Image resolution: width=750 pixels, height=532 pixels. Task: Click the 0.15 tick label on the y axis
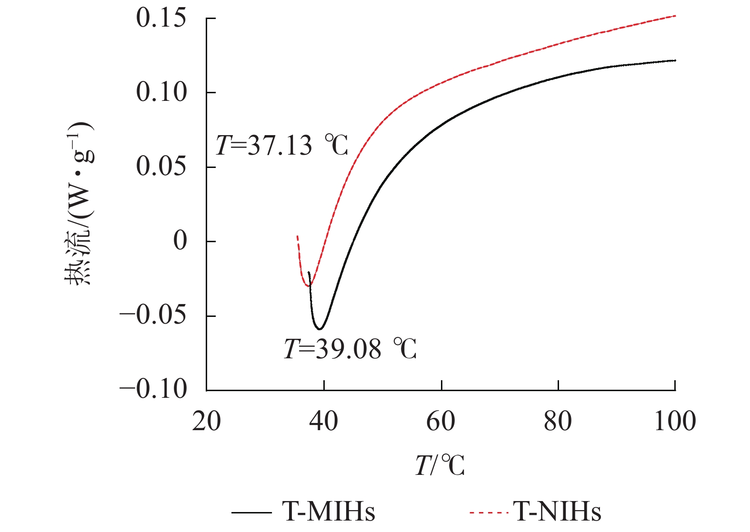click(161, 19)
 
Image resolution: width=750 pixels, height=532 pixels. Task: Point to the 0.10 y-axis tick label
click(161, 92)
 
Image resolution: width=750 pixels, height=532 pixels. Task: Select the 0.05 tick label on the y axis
click(161, 167)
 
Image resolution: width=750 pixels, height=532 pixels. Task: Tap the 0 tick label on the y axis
click(180, 241)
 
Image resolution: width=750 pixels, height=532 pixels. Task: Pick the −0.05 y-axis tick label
click(153, 315)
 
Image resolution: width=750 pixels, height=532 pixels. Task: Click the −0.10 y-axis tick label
click(153, 389)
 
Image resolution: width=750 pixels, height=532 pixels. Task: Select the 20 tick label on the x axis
click(206, 422)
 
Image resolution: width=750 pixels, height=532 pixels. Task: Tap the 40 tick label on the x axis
click(324, 422)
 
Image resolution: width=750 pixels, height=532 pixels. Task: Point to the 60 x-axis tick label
click(441, 422)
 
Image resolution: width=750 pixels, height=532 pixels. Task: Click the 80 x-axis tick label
click(558, 422)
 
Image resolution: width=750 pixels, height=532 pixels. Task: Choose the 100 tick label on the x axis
click(675, 422)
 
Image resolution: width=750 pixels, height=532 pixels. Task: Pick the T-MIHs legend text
click(329, 512)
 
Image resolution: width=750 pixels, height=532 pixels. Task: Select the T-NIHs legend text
click(557, 512)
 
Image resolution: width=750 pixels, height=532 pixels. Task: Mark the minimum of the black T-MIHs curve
click(320, 329)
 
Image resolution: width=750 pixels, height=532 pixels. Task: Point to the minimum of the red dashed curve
click(307, 286)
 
